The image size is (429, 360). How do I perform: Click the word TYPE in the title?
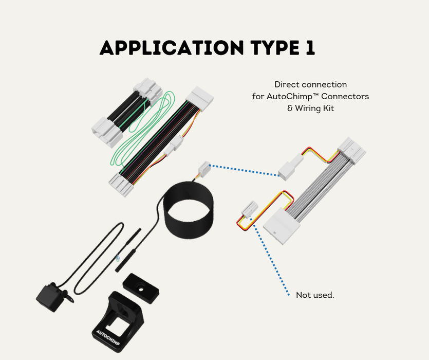click(274, 48)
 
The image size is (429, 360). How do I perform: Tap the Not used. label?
click(315, 295)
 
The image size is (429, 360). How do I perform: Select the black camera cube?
click(49, 298)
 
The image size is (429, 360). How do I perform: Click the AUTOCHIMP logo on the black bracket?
click(108, 337)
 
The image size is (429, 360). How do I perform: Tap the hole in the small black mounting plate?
click(141, 289)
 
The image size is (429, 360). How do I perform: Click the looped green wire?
click(142, 129)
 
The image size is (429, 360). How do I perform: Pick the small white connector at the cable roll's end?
click(204, 168)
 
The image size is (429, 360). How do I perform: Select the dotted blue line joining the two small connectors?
click(245, 170)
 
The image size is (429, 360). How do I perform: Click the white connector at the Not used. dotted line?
click(250, 209)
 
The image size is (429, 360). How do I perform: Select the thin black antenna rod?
click(128, 250)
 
